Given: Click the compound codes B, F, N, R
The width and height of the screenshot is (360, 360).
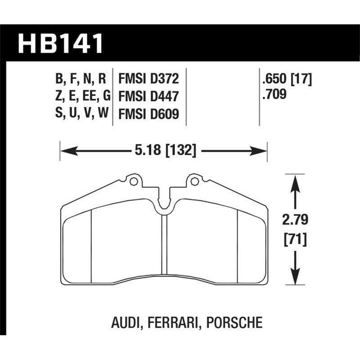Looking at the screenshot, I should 81,80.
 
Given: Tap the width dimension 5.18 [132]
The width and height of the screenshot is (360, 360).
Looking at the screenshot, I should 163,151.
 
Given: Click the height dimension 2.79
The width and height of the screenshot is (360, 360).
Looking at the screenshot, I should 295,221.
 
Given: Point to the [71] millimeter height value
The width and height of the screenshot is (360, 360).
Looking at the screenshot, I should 295,240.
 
